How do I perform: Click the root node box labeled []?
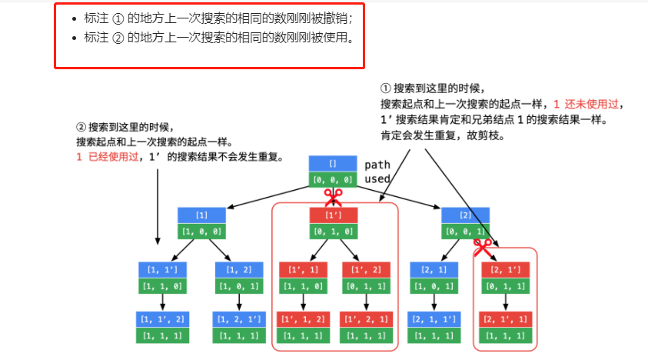coord(333,164)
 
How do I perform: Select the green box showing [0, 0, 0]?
coord(333,179)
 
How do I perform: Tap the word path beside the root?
coord(377,165)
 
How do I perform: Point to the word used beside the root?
coord(377,178)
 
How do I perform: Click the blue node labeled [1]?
coord(201,215)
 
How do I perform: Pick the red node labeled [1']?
coord(333,215)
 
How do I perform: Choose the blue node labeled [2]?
coord(465,215)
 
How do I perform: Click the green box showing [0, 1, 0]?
coord(333,231)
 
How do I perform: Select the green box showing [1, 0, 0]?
coord(201,231)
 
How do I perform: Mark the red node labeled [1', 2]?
coord(367,270)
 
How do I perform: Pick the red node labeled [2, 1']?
coord(504,270)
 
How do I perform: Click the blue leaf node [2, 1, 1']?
coord(434,319)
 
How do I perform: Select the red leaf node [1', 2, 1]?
coord(367,319)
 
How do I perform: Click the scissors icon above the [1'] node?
coord(333,198)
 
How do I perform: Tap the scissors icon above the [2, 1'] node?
coord(482,248)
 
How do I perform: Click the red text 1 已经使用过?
coord(107,157)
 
